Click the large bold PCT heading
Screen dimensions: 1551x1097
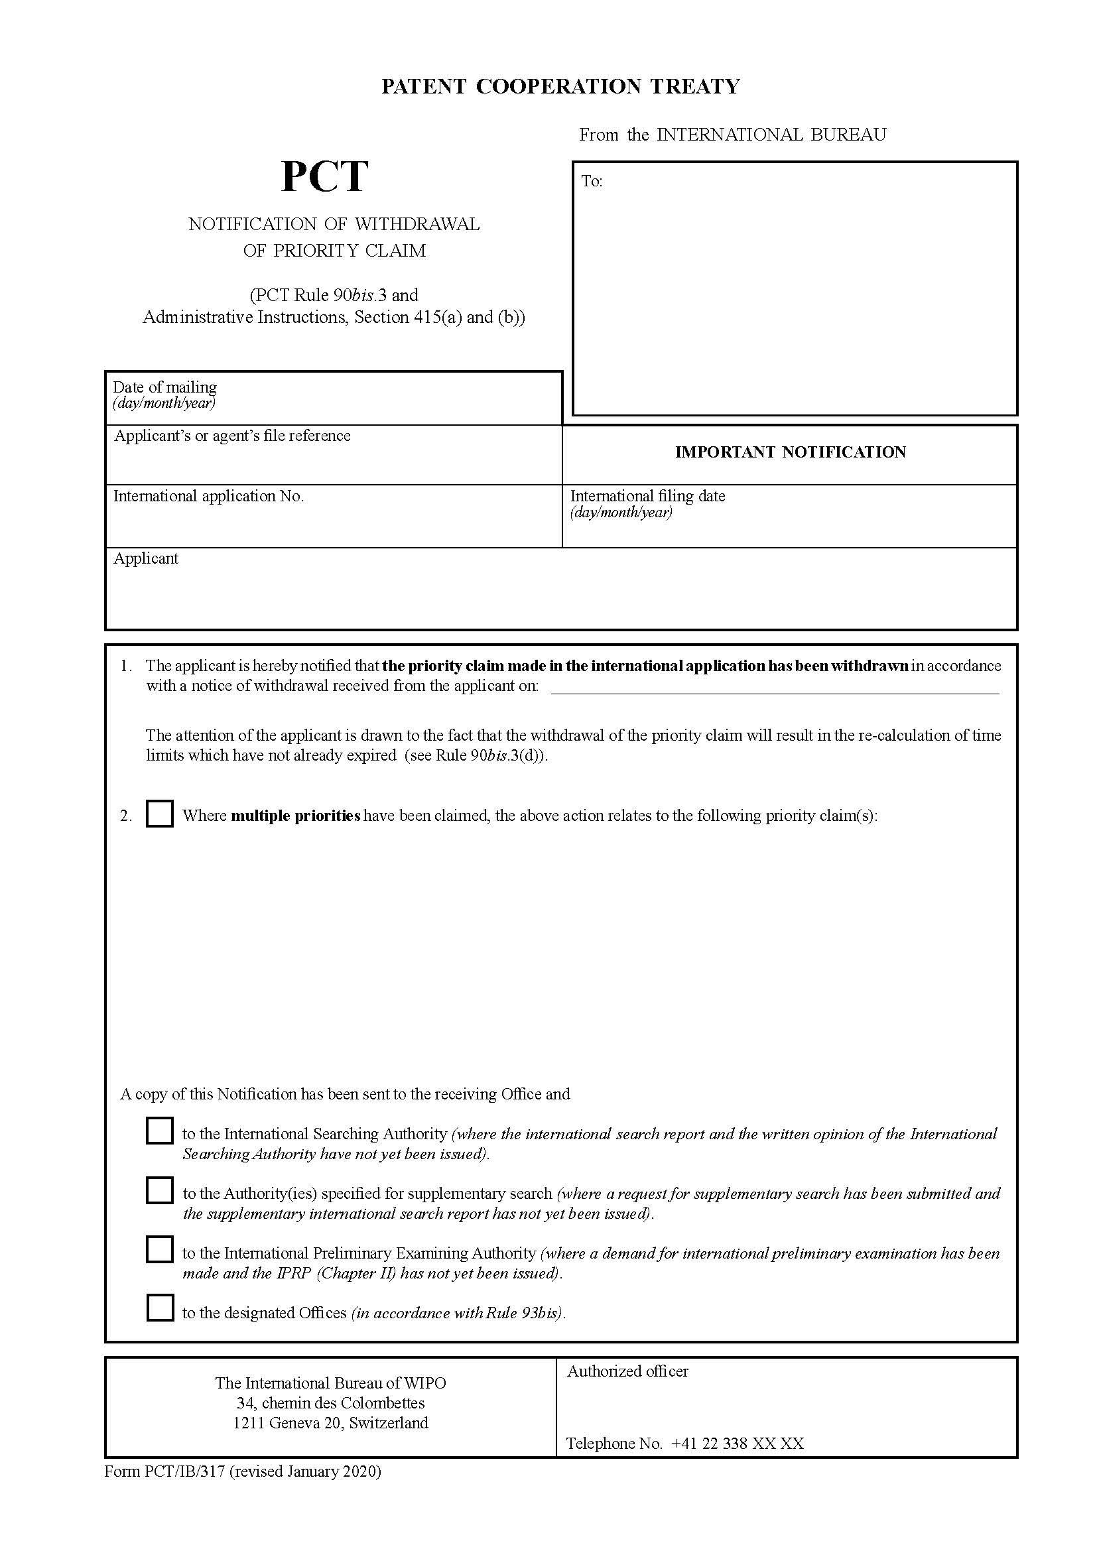coord(324,177)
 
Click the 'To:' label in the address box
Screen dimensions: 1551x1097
coord(592,181)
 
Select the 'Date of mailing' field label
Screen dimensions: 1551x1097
coord(165,387)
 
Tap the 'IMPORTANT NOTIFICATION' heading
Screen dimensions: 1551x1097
coord(790,452)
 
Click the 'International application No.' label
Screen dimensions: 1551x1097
coord(208,496)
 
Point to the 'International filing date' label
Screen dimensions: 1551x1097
coord(647,496)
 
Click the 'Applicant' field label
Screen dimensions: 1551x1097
coord(146,558)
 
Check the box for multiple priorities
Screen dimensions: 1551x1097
coord(159,814)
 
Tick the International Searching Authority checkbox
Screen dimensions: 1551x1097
coord(159,1131)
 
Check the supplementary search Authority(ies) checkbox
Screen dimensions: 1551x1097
coord(159,1190)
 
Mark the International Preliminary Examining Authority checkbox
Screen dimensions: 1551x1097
coord(159,1250)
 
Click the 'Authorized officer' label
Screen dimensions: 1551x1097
coord(627,1371)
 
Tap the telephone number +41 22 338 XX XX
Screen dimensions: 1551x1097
coord(737,1444)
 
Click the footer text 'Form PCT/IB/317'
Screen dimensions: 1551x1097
coord(166,1471)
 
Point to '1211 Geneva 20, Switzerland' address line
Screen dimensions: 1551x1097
coord(330,1422)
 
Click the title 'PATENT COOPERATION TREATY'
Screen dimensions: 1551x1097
coord(560,86)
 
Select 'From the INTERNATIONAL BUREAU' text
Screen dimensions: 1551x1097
coord(732,135)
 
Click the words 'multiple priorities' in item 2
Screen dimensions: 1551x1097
coord(295,816)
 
